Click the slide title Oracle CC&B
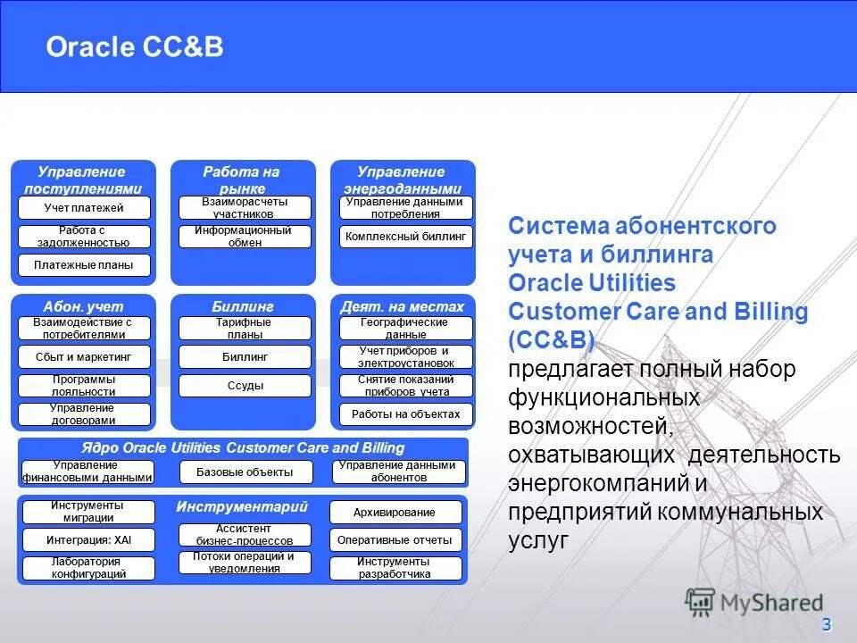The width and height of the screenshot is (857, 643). click(135, 46)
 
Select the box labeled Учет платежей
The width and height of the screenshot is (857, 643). click(85, 208)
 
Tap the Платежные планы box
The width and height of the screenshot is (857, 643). click(85, 265)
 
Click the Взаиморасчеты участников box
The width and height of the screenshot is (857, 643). click(245, 208)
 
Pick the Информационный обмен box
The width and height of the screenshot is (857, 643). click(245, 237)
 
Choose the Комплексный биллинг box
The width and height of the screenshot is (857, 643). click(405, 237)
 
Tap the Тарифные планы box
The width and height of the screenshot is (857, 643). click(245, 329)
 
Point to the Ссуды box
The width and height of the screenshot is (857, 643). click(245, 386)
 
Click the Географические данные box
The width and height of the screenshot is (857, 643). click(405, 329)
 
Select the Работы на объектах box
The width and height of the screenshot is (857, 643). click(405, 414)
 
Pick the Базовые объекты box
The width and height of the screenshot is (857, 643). click(247, 472)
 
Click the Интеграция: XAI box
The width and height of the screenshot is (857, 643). click(88, 539)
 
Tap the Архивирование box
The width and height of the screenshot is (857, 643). click(395, 513)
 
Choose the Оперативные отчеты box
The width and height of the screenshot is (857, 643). click(395, 540)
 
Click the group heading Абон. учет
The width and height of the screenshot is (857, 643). click(84, 306)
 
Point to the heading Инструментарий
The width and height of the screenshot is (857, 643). click(242, 506)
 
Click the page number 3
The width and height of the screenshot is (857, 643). click(826, 623)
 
